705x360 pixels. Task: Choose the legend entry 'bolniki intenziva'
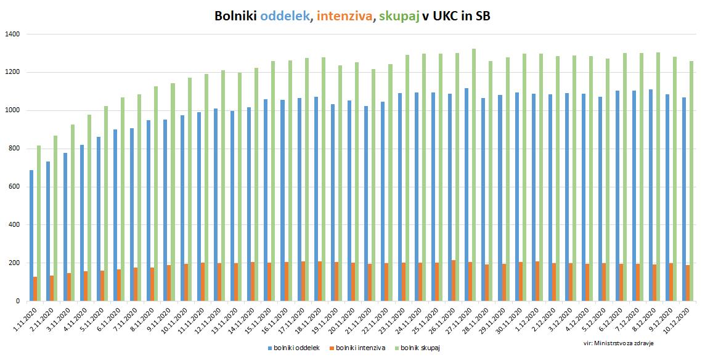361,348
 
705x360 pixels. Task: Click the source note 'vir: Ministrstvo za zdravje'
618,341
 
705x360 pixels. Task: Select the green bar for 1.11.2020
39,223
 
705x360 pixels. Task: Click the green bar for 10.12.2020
691,181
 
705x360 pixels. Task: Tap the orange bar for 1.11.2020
35,289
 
